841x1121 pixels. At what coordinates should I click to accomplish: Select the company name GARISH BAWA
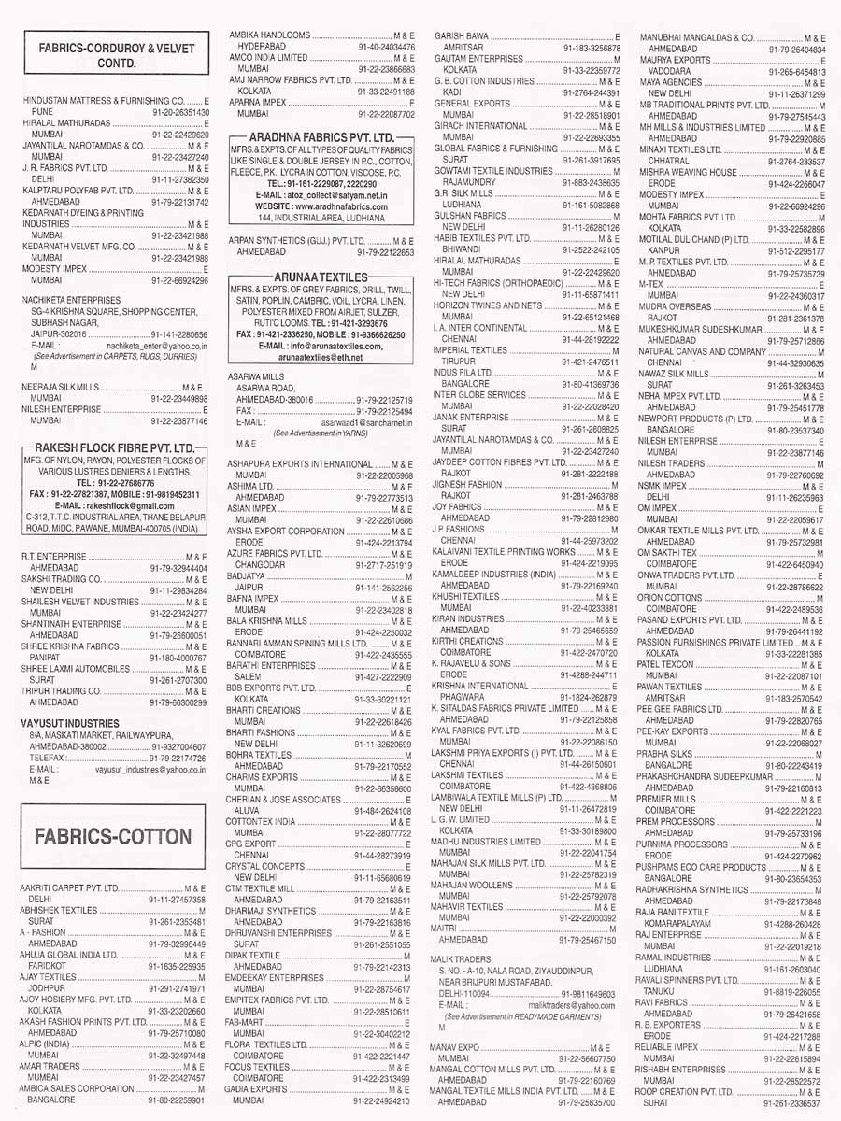pos(462,35)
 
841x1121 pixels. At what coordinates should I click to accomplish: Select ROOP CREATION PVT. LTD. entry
pos(686,1091)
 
